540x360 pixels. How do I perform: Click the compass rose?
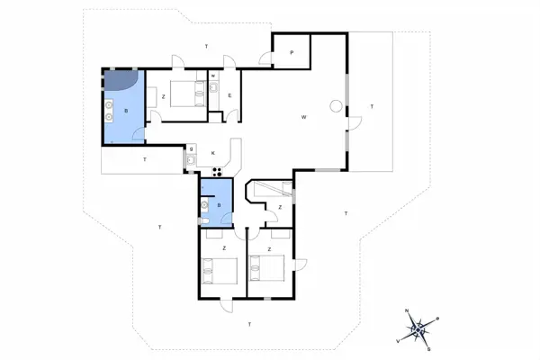pos(418,328)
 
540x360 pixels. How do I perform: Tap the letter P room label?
pos(292,53)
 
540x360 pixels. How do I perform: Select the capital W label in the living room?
pos(305,117)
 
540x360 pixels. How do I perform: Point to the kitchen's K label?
pos(213,154)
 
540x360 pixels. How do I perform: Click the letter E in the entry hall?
pos(229,95)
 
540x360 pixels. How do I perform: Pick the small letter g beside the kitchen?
pos(192,148)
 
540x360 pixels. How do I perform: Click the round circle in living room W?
pos(335,107)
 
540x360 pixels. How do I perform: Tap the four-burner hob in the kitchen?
pos(217,172)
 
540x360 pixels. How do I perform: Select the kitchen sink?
pos(191,161)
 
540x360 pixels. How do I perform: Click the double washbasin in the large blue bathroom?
pos(110,110)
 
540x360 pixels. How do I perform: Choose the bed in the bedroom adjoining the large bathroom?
pos(185,94)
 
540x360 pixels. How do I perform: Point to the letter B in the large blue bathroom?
pos(126,111)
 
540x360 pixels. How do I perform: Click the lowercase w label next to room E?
pos(213,76)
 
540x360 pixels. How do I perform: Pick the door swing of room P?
pos(267,59)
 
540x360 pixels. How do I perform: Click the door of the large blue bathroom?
pos(138,135)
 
